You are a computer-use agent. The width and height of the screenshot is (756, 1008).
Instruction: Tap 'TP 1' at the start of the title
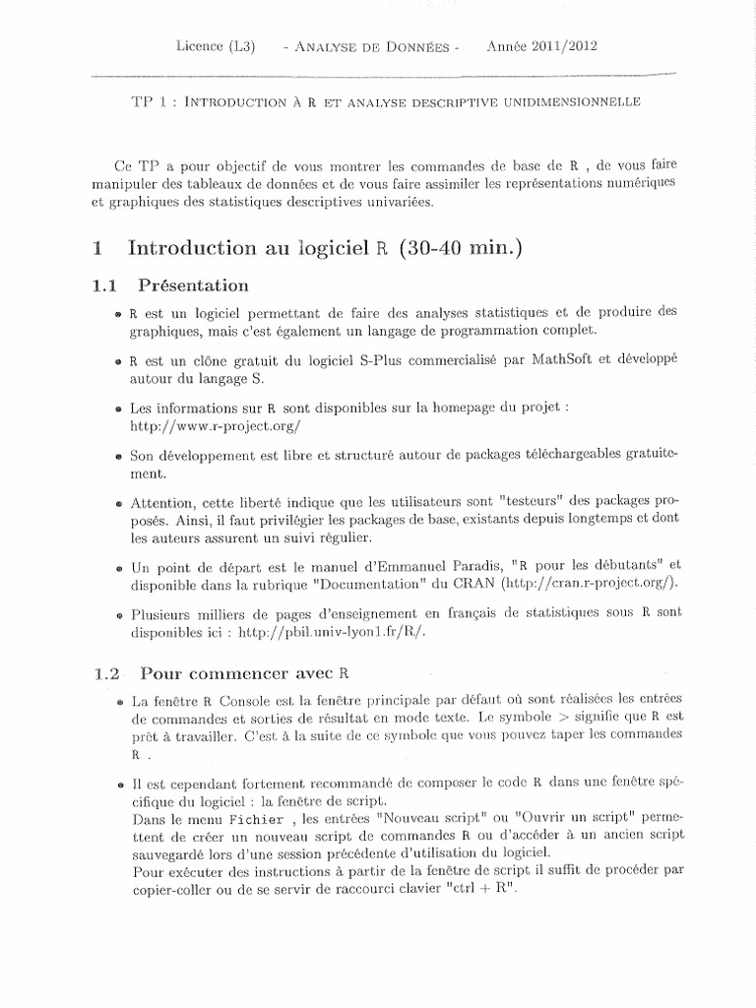click(144, 100)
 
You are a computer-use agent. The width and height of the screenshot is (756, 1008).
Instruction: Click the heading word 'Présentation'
click(194, 286)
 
